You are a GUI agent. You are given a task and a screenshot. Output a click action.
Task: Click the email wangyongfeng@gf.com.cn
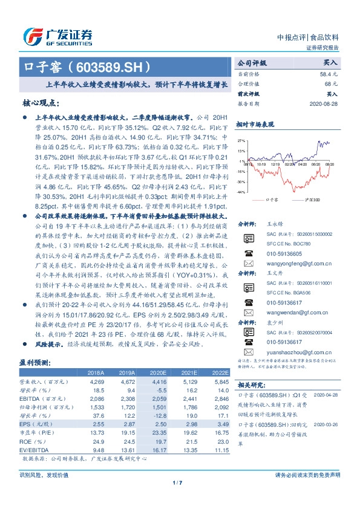coord(291,264)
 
